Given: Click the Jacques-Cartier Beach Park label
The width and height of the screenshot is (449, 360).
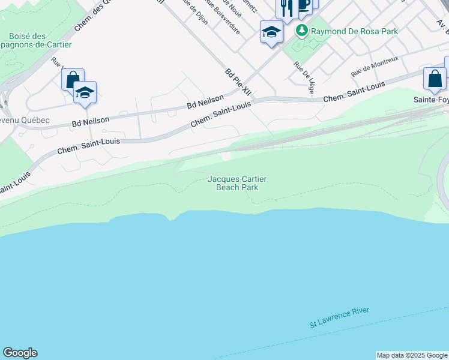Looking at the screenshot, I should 237,183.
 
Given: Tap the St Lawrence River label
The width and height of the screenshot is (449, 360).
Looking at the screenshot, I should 339,317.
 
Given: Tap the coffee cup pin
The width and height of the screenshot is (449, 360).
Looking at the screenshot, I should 304,5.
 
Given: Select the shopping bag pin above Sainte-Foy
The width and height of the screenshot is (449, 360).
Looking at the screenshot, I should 435,79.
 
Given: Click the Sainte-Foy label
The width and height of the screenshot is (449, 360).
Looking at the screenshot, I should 431,100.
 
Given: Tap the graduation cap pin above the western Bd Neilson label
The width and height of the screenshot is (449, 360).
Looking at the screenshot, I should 85,92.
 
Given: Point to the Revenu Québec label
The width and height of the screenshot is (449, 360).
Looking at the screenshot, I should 24,120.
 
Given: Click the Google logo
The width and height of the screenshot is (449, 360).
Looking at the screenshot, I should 20,353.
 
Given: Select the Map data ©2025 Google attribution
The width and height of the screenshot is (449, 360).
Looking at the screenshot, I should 412,355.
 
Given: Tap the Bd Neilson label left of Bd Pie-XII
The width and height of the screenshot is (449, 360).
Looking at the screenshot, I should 205,101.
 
